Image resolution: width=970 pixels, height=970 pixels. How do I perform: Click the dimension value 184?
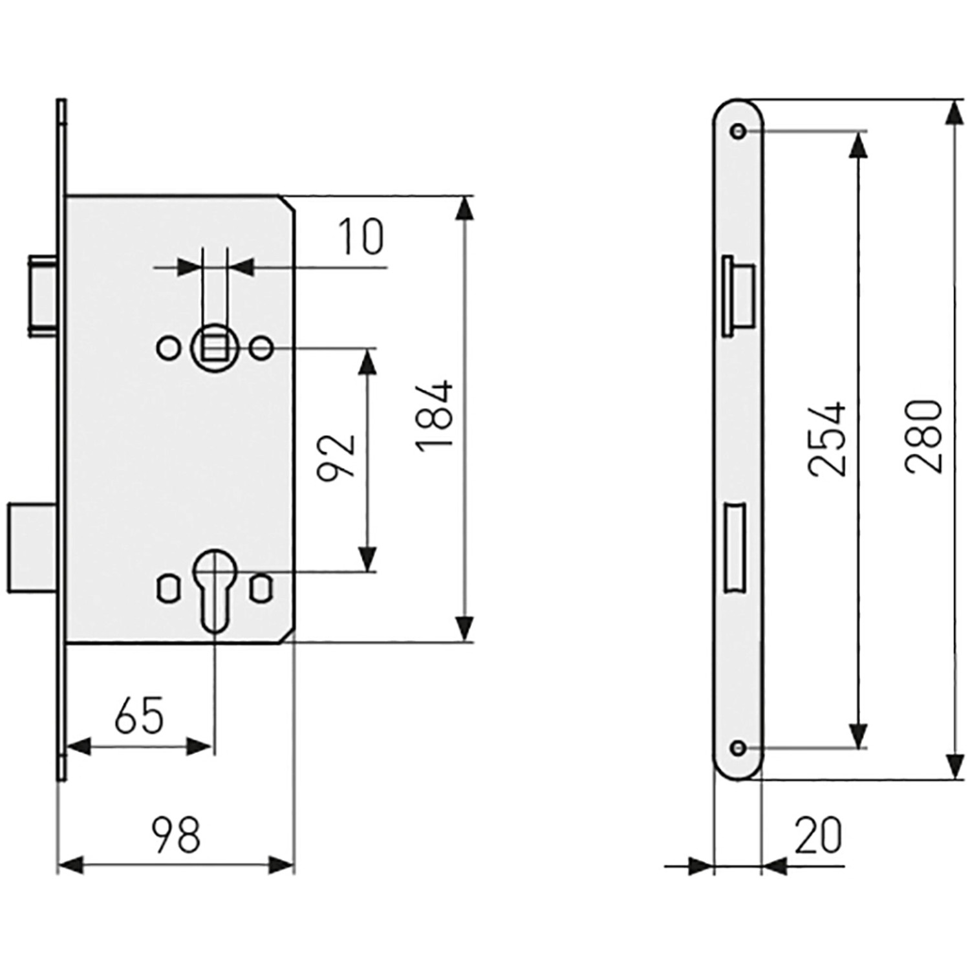coord(435,416)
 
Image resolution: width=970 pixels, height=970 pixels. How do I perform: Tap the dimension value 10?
coord(361,237)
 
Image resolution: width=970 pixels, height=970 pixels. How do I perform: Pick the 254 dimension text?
coord(827,439)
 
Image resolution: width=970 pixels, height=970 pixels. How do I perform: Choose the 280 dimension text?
coord(924,437)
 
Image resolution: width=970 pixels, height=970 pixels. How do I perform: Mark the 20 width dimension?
coord(818,835)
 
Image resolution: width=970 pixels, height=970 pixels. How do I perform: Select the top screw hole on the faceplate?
coord(738,131)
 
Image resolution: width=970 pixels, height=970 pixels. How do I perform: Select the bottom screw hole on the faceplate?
coord(738,749)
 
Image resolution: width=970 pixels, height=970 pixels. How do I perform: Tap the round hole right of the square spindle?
coord(261,349)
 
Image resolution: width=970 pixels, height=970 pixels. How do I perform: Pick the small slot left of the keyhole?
coord(167,588)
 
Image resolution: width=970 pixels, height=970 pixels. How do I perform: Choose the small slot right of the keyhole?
coord(261,588)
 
